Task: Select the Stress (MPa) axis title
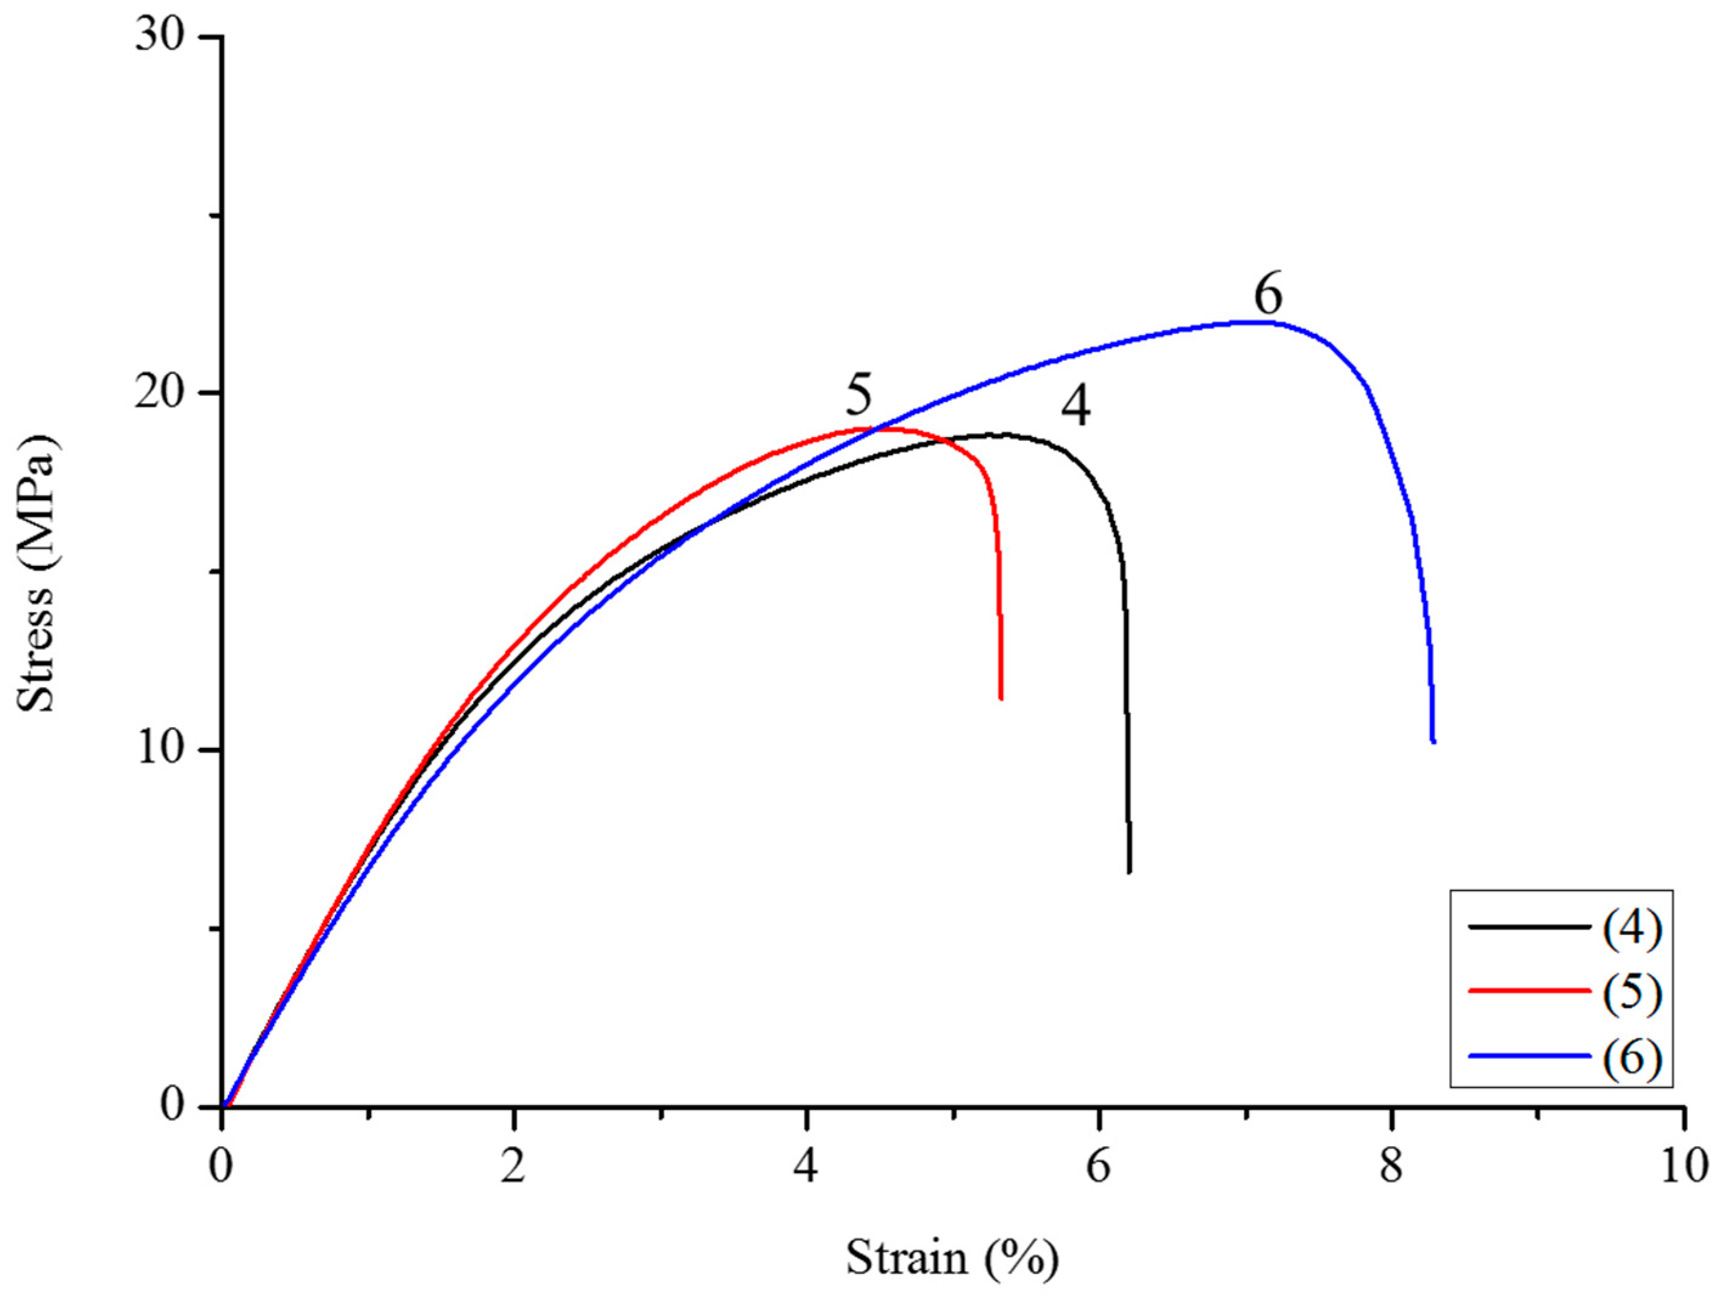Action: (x=37, y=573)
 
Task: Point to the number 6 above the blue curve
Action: (x=1269, y=295)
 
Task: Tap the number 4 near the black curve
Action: (x=1076, y=407)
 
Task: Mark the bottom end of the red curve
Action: (x=1001, y=698)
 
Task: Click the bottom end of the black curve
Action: (x=1129, y=871)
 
